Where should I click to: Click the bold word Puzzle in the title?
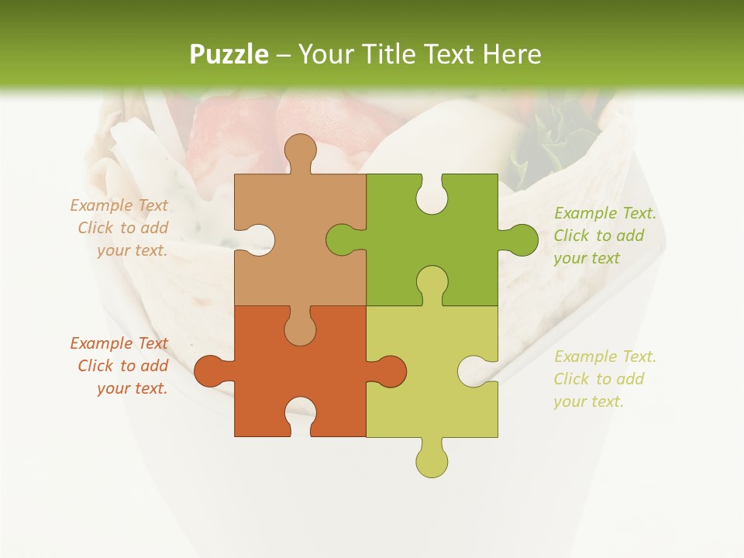pyautogui.click(x=229, y=54)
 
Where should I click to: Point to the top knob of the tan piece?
pyautogui.click(x=300, y=151)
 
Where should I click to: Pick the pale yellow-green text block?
pyautogui.click(x=604, y=379)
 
